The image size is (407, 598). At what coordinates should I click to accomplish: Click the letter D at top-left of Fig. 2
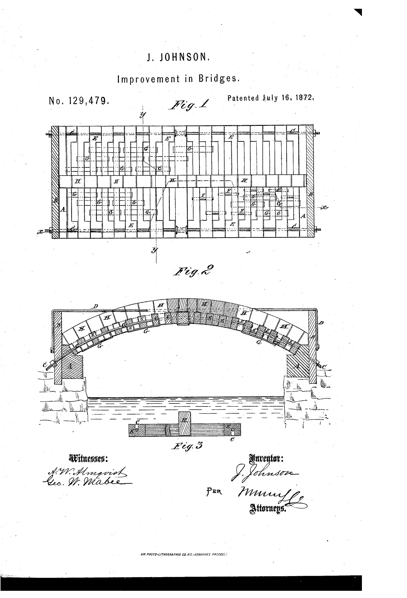(x=96, y=306)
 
